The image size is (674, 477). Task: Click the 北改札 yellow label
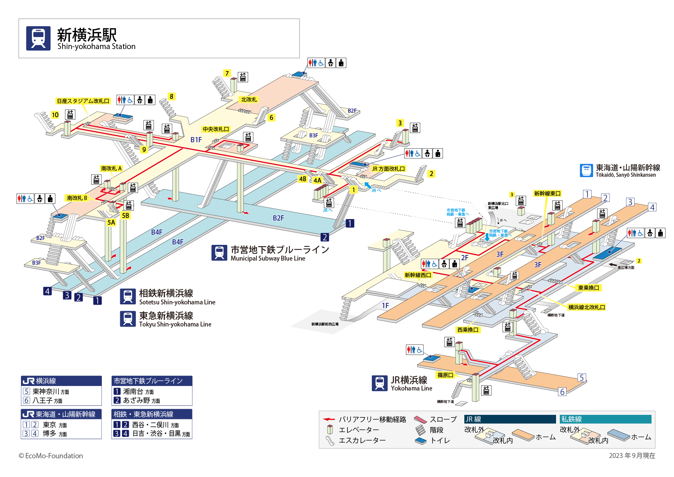(x=249, y=100)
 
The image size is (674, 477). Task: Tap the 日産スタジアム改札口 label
(x=83, y=101)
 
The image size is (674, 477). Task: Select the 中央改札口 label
(x=216, y=129)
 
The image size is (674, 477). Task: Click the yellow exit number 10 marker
(x=55, y=115)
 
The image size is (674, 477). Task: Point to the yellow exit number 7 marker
(x=227, y=73)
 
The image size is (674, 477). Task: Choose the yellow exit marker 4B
(x=303, y=179)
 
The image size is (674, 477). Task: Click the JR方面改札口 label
(x=388, y=169)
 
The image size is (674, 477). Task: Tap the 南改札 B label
(x=77, y=198)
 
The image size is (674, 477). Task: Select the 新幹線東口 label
(x=547, y=194)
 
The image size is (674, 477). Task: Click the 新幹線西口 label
(x=418, y=275)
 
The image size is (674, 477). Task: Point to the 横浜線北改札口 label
(x=586, y=307)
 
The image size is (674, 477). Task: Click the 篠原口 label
(x=445, y=375)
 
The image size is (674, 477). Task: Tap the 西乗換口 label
(x=468, y=330)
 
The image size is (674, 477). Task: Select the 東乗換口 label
(x=589, y=288)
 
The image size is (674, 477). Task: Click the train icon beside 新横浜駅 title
(x=38, y=38)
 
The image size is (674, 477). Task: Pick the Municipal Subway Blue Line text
(x=268, y=258)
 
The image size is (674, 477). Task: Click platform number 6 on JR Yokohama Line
(x=562, y=392)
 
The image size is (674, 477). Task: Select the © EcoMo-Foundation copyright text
(x=51, y=456)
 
